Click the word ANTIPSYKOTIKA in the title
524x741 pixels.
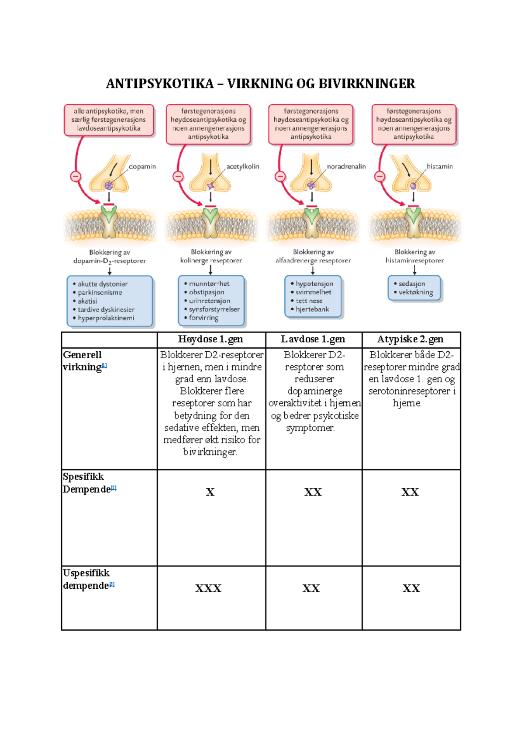(x=159, y=84)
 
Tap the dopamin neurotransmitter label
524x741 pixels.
(x=142, y=167)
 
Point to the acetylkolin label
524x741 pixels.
(x=243, y=166)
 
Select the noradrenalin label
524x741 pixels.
(x=346, y=166)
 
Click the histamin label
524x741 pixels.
(x=440, y=166)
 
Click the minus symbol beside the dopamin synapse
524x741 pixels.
(x=76, y=177)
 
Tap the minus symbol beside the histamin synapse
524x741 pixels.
(x=380, y=176)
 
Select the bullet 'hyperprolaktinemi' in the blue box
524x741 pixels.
(x=106, y=318)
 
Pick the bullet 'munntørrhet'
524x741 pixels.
(x=209, y=284)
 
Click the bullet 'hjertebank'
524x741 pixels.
(x=312, y=309)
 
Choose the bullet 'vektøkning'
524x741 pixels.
(x=416, y=292)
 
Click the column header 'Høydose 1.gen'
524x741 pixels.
(x=210, y=339)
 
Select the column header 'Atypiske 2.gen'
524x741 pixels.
(x=410, y=339)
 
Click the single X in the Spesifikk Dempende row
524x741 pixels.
(x=210, y=492)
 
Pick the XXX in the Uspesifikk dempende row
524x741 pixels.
(x=208, y=589)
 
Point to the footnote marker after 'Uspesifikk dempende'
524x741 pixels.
(x=112, y=584)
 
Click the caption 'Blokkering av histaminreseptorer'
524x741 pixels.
(x=414, y=256)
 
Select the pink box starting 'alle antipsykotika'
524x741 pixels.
(x=109, y=120)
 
